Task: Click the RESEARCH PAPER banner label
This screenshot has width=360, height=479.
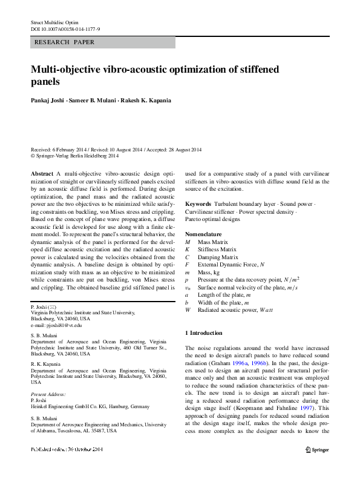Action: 62,43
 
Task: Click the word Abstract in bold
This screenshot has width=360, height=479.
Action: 42,173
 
